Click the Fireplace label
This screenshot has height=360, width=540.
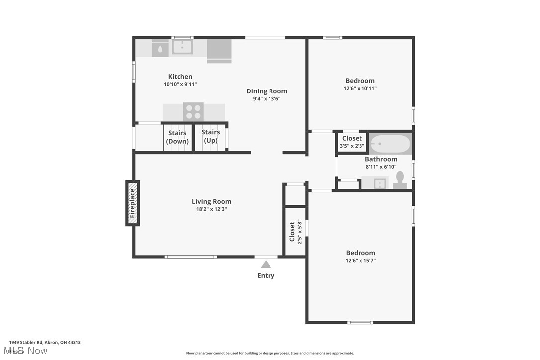[x=132, y=203]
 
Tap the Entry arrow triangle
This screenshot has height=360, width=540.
[x=266, y=265]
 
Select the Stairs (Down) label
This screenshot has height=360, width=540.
[x=178, y=137]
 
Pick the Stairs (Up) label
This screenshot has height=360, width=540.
[x=211, y=136]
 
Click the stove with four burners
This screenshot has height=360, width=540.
[x=193, y=112]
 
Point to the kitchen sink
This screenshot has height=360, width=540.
[x=182, y=47]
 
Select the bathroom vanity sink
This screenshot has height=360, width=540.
[x=379, y=183]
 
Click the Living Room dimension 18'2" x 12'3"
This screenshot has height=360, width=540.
[x=212, y=209]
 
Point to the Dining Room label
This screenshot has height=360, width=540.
[x=267, y=91]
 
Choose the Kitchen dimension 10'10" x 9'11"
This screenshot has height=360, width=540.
[x=180, y=84]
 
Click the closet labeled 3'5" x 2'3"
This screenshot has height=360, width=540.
[x=352, y=142]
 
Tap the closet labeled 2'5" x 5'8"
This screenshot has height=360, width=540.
[x=295, y=232]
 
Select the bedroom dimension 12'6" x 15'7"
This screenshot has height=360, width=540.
[x=360, y=260]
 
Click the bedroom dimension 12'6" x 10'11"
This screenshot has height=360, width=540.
[x=360, y=88]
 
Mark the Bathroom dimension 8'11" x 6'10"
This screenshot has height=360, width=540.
[x=381, y=167]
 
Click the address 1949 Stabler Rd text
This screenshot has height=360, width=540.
[x=45, y=342]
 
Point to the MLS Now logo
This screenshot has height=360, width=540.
[x=28, y=351]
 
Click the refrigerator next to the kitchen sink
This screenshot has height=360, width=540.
[x=219, y=51]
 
